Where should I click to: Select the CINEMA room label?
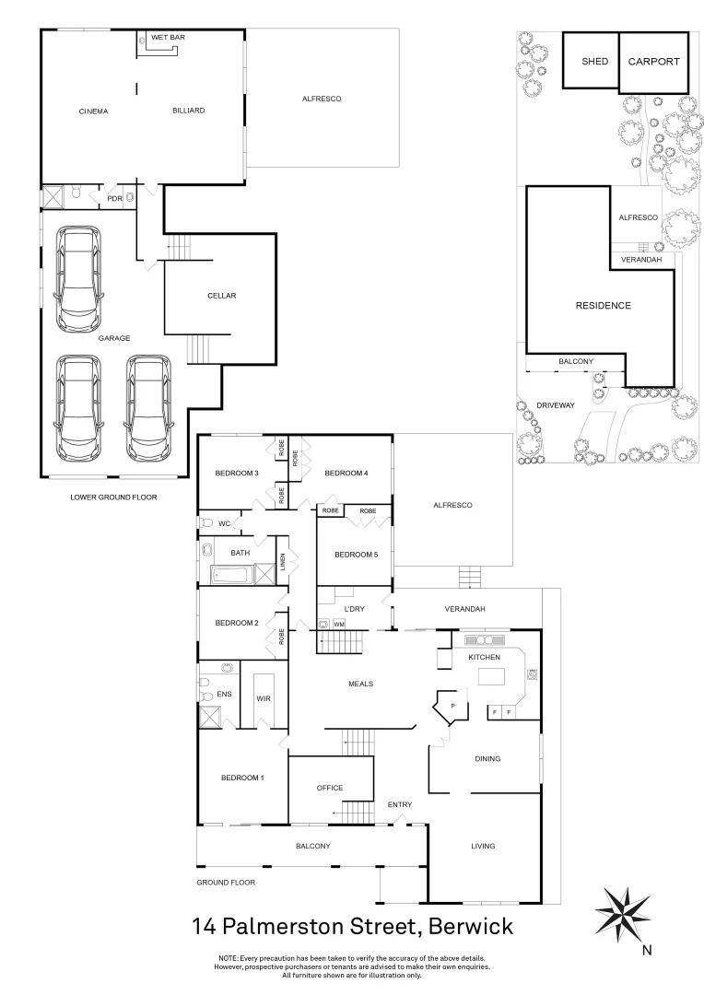(x=93, y=111)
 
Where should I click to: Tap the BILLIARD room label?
(x=188, y=111)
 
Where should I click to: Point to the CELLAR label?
(x=222, y=296)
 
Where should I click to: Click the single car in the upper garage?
(x=77, y=280)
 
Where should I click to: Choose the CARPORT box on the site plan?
(x=653, y=62)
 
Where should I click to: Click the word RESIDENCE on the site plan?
(x=604, y=306)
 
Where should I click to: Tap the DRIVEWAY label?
(x=556, y=405)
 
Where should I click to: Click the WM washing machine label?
(x=339, y=624)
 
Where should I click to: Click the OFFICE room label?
(x=329, y=788)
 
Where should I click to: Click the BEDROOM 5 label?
(x=356, y=555)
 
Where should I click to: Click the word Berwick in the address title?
(x=464, y=924)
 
